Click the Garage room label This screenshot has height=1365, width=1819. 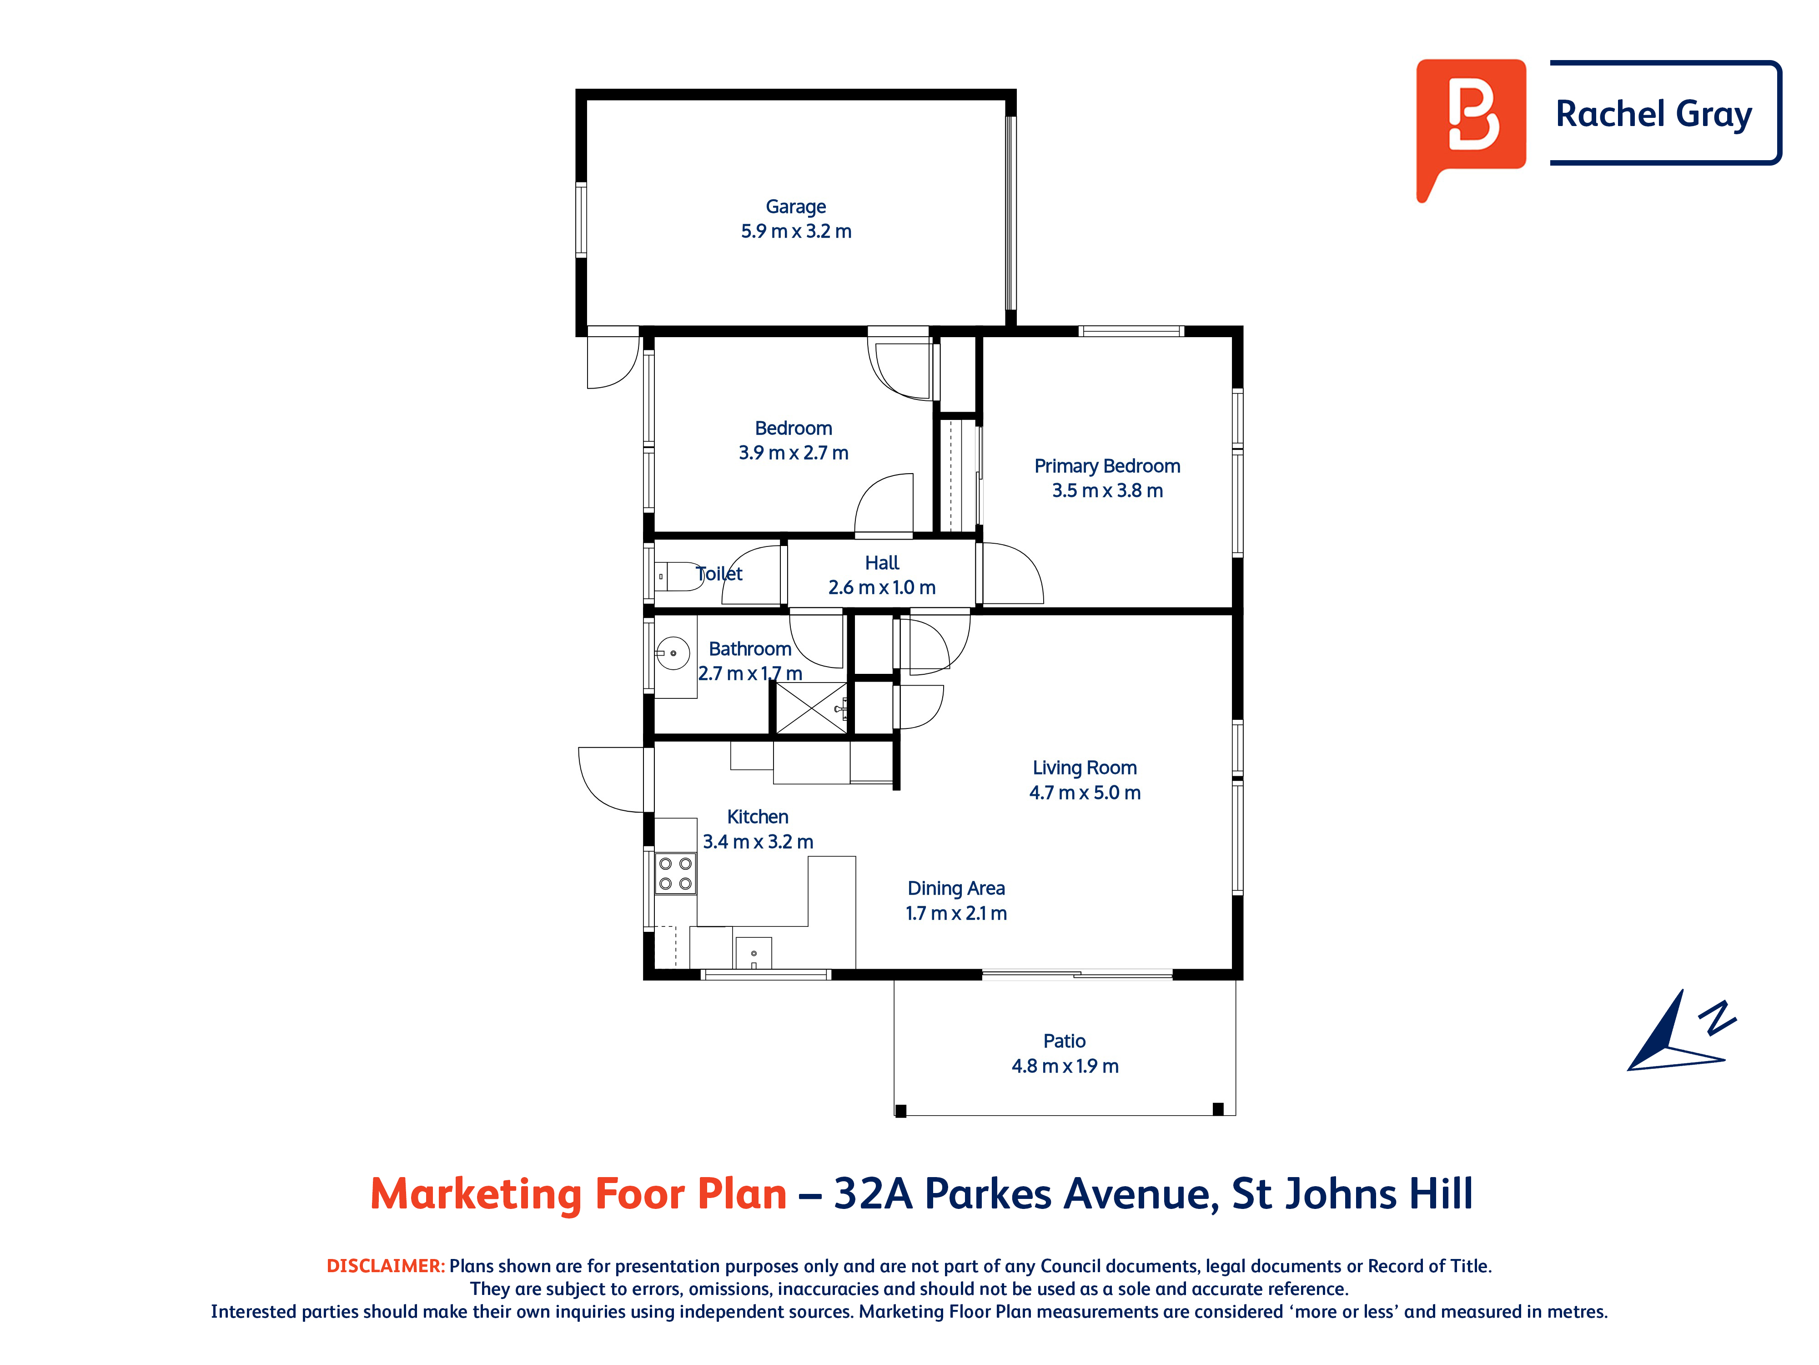(x=795, y=207)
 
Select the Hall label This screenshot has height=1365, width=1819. (x=882, y=563)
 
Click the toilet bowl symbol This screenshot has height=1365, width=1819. (x=679, y=576)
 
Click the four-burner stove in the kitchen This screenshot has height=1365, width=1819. (x=675, y=873)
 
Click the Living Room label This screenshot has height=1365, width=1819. (x=1085, y=768)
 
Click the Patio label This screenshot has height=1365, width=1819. (x=1064, y=1041)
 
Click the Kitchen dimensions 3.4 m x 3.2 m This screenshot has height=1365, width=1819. (x=757, y=842)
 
